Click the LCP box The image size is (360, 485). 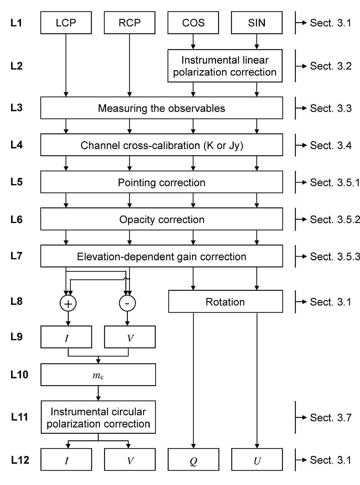(x=66, y=23)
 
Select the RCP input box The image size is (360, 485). (x=130, y=23)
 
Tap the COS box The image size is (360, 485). (x=193, y=23)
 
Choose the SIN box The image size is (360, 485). (x=257, y=23)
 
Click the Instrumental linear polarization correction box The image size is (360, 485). (x=225, y=66)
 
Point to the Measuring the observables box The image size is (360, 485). (x=162, y=108)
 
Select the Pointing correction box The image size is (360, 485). (x=162, y=182)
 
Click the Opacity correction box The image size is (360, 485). (x=162, y=219)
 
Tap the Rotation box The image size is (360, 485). (x=226, y=302)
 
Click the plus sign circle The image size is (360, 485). (x=68, y=304)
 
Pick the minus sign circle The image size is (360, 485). (x=127, y=303)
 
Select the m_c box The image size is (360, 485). (x=98, y=375)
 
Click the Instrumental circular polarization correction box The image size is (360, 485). (x=98, y=417)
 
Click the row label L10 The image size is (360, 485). (x=19, y=374)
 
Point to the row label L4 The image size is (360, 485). (x=16, y=145)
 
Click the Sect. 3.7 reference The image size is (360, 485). (x=331, y=417)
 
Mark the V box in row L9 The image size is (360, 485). (x=130, y=337)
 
